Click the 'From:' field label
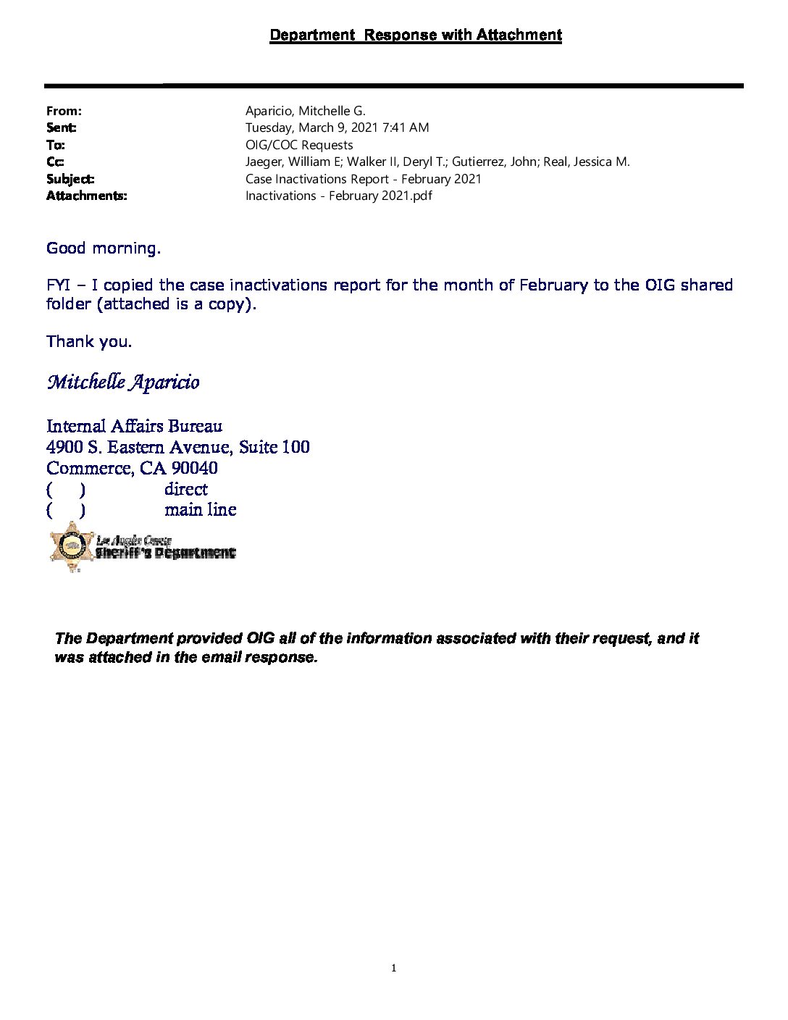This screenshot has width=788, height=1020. (64, 111)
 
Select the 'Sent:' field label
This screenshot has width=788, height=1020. (62, 128)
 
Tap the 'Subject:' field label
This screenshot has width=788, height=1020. (70, 179)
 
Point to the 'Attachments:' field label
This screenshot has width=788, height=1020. (86, 196)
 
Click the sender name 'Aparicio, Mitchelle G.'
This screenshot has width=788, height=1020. (305, 111)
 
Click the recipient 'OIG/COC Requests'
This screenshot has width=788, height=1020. (299, 145)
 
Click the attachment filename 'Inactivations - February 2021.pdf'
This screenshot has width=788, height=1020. (338, 196)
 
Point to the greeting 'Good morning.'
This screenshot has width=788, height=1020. (104, 248)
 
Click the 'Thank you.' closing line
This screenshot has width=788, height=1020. (89, 341)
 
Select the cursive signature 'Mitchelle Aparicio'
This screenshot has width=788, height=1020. (123, 382)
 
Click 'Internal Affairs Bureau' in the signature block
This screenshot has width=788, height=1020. (134, 426)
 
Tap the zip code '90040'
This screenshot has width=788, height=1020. (194, 468)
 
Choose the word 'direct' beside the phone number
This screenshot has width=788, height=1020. (185, 489)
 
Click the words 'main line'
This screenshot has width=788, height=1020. (200, 509)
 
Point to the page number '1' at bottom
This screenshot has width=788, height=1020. (393, 968)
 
